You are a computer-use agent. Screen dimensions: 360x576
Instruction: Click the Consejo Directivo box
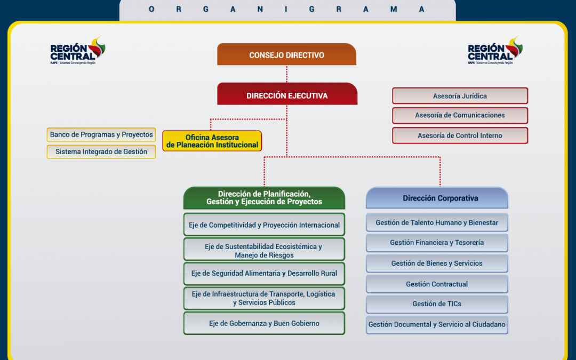pyautogui.click(x=286, y=55)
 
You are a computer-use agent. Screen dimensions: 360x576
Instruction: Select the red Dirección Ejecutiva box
pyautogui.click(x=287, y=95)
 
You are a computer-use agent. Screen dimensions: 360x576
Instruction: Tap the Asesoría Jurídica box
pyautogui.click(x=460, y=96)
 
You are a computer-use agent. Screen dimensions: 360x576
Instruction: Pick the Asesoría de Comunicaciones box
pyautogui.click(x=460, y=115)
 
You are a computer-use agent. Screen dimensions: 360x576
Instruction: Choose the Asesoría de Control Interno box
pyautogui.click(x=460, y=135)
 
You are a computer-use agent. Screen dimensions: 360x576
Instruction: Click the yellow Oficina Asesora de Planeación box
pyautogui.click(x=212, y=141)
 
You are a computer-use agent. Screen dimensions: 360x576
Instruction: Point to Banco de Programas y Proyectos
pyautogui.click(x=101, y=135)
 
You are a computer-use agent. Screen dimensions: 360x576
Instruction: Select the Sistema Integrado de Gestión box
pyautogui.click(x=101, y=152)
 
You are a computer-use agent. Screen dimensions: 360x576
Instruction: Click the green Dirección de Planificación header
pyautogui.click(x=264, y=198)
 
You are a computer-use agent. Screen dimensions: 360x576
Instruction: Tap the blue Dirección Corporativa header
pyautogui.click(x=437, y=198)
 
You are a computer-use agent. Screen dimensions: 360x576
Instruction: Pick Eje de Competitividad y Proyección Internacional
pyautogui.click(x=264, y=225)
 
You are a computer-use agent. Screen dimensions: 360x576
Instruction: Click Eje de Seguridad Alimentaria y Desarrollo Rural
pyautogui.click(x=264, y=274)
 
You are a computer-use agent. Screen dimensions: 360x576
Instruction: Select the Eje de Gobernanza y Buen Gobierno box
pyautogui.click(x=264, y=323)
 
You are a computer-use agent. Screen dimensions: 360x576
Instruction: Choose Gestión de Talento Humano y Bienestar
pyautogui.click(x=437, y=222)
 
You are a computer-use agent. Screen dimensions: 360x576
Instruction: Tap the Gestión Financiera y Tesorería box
pyautogui.click(x=437, y=243)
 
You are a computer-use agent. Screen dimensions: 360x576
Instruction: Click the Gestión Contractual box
pyautogui.click(x=437, y=284)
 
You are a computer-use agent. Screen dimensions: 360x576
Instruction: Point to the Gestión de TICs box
pyautogui.click(x=437, y=304)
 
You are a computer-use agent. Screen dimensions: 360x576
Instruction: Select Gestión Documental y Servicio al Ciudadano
pyautogui.click(x=437, y=324)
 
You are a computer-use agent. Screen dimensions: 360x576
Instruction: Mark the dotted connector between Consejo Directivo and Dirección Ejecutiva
pyautogui.click(x=287, y=74)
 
